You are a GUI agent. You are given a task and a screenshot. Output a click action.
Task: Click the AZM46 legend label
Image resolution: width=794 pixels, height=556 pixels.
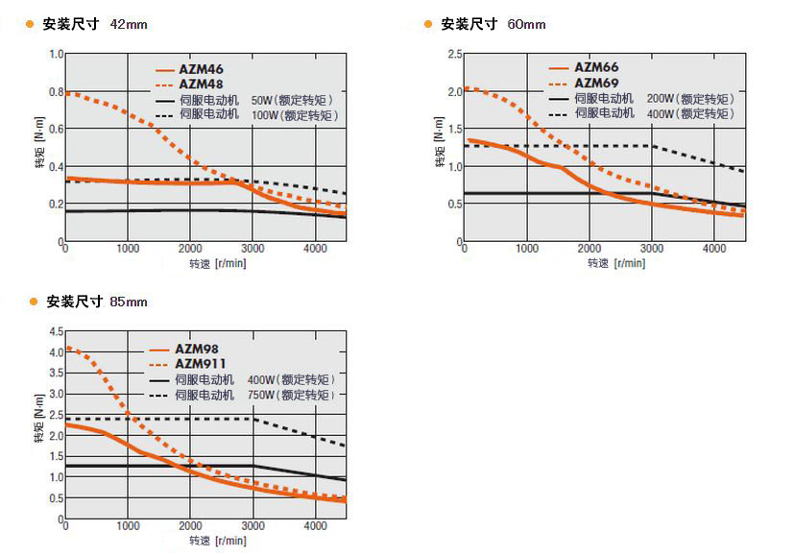tap(201, 70)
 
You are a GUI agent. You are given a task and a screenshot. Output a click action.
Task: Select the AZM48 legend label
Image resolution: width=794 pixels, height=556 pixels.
tap(201, 85)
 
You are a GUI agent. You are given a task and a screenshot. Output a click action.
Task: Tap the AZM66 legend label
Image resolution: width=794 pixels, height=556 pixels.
tap(596, 68)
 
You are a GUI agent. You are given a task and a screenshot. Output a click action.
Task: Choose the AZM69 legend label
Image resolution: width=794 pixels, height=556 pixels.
tap(596, 83)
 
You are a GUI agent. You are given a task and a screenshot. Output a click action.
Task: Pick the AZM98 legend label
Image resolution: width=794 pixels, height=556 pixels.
tap(198, 349)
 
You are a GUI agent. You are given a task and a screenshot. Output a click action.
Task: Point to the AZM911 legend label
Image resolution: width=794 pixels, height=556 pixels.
tap(201, 364)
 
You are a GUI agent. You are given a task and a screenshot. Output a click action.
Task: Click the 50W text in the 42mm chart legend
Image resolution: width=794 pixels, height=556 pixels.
tap(261, 100)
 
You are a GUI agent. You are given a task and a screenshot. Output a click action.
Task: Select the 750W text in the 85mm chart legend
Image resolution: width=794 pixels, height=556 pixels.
tap(259, 396)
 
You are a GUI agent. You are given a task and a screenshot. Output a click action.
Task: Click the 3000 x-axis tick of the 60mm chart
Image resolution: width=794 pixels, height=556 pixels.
tap(651, 249)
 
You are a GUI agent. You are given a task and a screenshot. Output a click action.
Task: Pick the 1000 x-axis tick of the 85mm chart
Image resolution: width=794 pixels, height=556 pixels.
tap(128, 526)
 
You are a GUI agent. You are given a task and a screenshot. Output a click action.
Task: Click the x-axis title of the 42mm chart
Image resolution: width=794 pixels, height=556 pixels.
tap(217, 264)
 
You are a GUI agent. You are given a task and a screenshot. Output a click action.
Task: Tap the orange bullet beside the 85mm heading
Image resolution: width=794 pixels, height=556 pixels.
tap(32, 302)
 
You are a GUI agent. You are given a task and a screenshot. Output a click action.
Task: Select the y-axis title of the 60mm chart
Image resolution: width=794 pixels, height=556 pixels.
tap(441, 156)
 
